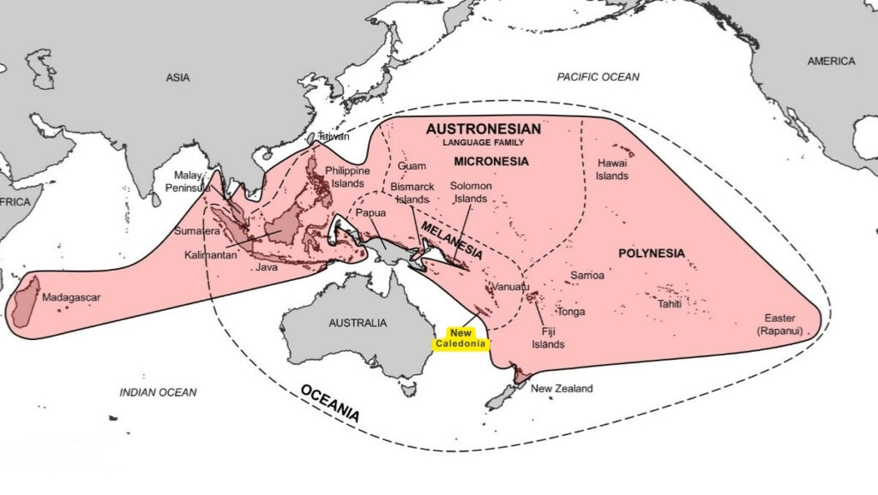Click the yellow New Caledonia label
[460, 338]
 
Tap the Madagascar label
[71, 298]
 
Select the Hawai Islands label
[612, 170]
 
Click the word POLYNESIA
[651, 253]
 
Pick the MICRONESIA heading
[490, 161]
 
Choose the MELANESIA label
[450, 243]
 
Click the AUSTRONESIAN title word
[484, 128]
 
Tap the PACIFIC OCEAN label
[598, 77]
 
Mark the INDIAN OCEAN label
[158, 392]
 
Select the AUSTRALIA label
[358, 324]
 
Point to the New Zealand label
[562, 389]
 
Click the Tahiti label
[670, 304]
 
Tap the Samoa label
[587, 276]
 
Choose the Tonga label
[571, 312]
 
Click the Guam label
[412, 166]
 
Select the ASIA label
[177, 78]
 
